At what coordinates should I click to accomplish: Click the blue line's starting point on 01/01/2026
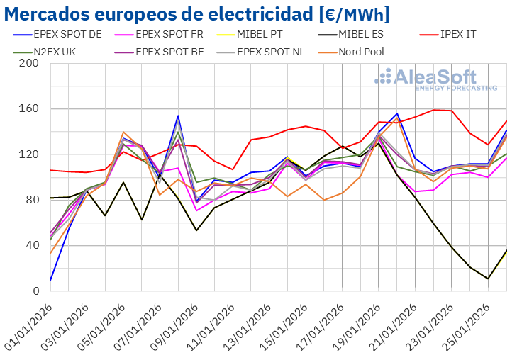coord(50,280)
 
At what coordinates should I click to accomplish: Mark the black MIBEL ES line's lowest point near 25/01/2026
coord(488,279)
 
